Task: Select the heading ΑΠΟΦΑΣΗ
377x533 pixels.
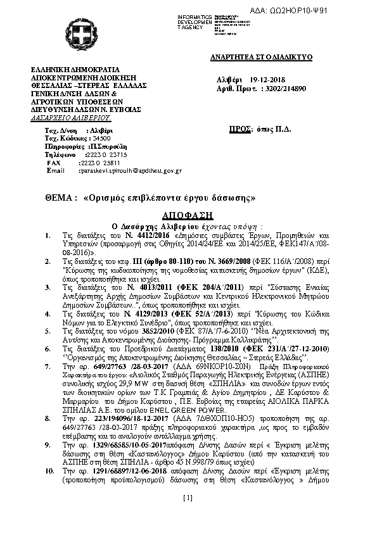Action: [x=188, y=214]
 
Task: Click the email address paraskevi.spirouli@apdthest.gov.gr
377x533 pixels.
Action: [x=130, y=171]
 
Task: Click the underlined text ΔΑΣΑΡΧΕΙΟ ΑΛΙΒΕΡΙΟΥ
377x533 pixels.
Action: [x=71, y=118]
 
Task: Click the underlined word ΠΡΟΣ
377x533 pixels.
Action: [x=238, y=129]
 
